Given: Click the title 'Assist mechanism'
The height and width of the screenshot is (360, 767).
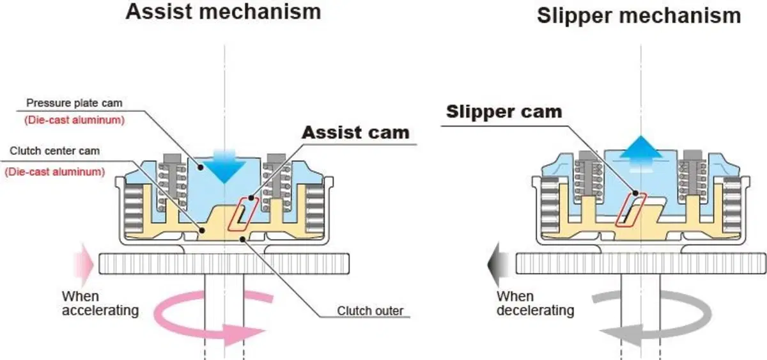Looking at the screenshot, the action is click(223, 12).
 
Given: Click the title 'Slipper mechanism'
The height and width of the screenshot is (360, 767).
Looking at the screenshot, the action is click(639, 16).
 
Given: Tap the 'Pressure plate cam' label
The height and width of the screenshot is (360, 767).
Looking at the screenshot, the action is click(74, 103).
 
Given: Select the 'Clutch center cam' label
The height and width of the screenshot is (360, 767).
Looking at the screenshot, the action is click(55, 151).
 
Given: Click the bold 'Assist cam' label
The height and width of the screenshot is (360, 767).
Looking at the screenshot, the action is click(355, 132).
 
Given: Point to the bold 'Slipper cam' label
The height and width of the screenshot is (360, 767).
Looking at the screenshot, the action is click(504, 112).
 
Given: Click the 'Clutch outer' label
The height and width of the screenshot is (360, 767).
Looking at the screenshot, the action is click(370, 311).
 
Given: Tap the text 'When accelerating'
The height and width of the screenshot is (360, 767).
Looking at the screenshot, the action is click(100, 304).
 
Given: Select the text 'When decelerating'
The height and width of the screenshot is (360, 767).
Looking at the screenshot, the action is click(535, 304).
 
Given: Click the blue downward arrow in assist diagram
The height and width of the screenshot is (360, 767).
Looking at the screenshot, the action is click(224, 167).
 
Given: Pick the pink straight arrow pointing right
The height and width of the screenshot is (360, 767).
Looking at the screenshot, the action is click(83, 265).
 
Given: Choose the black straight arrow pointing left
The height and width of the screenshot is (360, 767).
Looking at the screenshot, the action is click(497, 265).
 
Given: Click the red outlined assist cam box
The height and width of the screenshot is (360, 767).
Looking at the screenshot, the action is click(243, 214).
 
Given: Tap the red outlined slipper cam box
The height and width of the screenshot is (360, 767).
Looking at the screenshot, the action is click(631, 210).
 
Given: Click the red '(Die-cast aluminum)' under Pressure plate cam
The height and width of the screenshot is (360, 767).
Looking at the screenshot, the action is click(74, 120).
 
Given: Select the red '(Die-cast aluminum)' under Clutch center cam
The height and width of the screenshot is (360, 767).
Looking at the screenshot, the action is click(55, 171).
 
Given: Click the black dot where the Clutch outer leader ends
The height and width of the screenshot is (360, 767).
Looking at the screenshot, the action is click(242, 239).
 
